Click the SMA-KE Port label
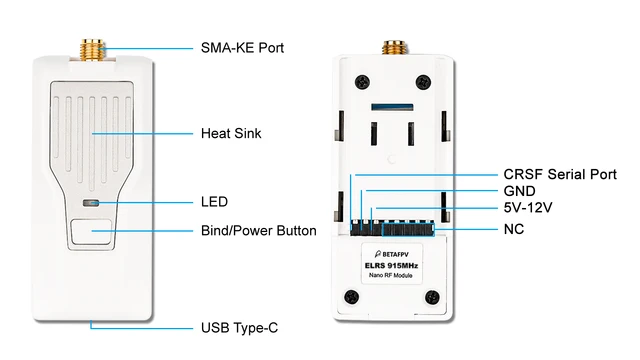pyautogui.click(x=243, y=48)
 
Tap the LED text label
pyautogui.click(x=214, y=202)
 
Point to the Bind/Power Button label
pyautogui.click(x=258, y=231)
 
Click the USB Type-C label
pyautogui.click(x=244, y=328)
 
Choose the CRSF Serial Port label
pyautogui.click(x=559, y=174)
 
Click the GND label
pyautogui.click(x=519, y=191)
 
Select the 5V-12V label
pyautogui.click(x=527, y=208)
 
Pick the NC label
pyautogui.click(x=513, y=228)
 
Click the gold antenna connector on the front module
pyautogui.click(x=96, y=46)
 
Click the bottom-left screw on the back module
pyautogui.click(x=350, y=297)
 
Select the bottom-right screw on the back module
pyautogui.click(x=432, y=297)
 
